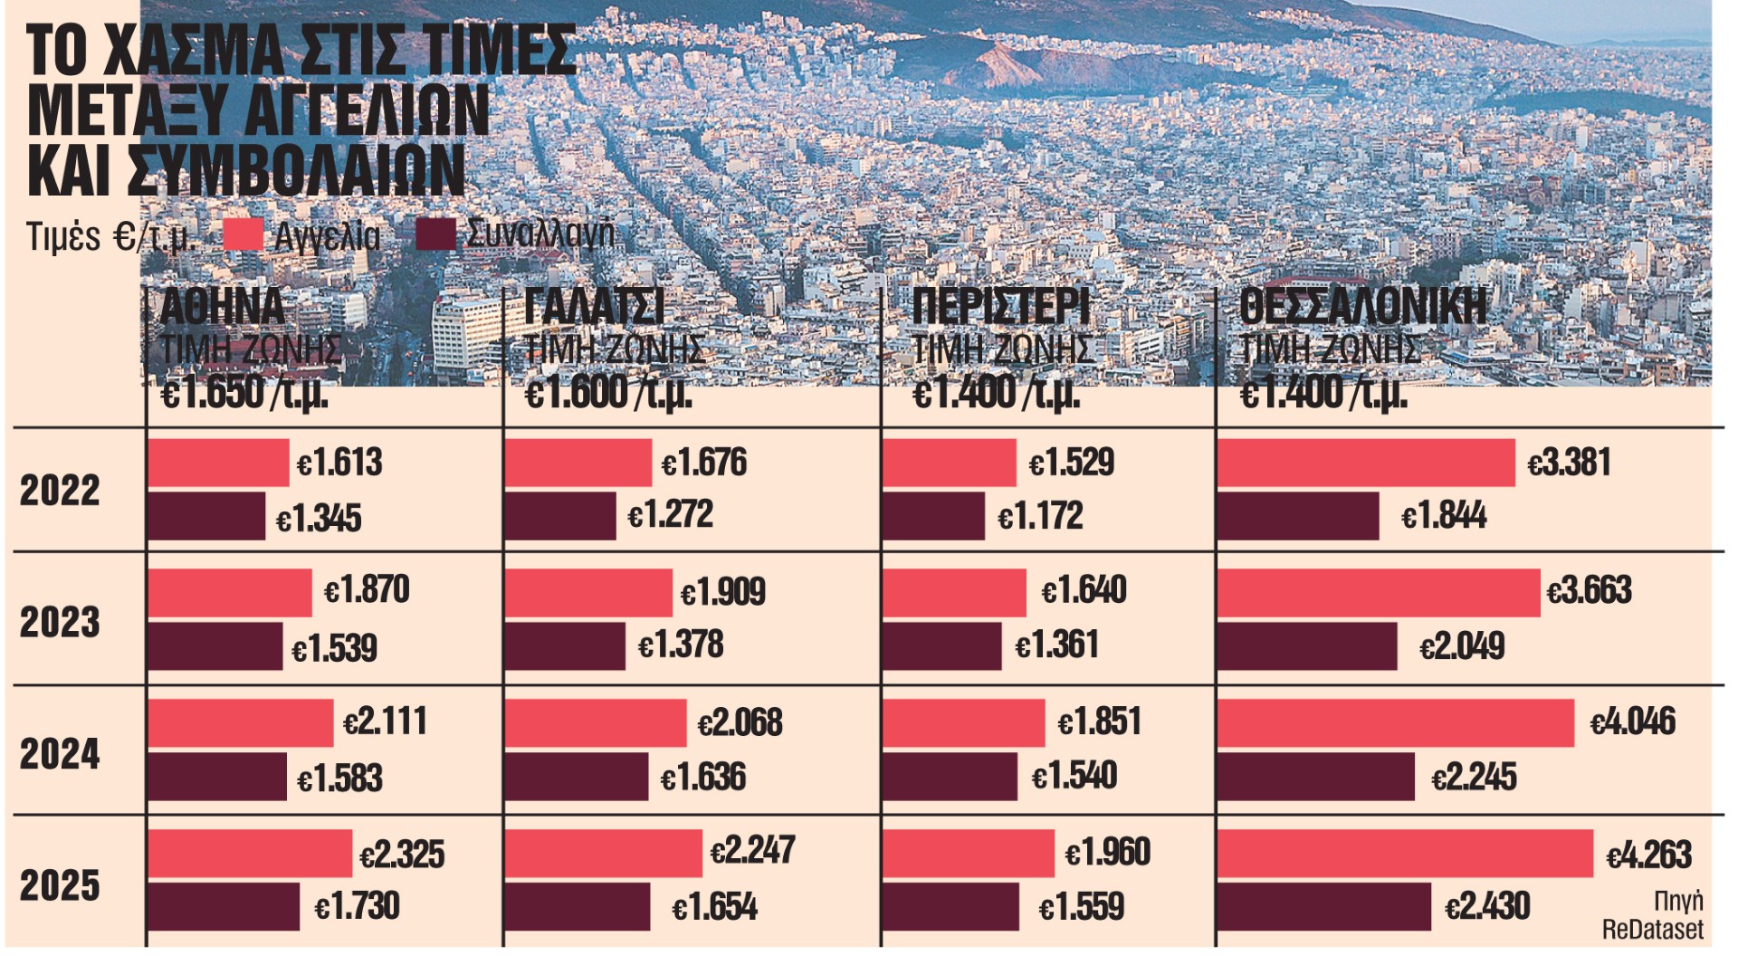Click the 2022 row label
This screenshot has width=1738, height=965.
click(60, 490)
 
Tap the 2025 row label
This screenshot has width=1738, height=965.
click(60, 884)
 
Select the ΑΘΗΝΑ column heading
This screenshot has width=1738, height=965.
click(222, 306)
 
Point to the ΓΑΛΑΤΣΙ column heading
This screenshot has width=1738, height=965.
click(594, 306)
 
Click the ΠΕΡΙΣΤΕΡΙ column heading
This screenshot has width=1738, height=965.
click(1000, 306)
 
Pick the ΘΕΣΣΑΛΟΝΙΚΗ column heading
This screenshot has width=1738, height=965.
click(1362, 306)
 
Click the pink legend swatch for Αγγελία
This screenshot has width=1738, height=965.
click(243, 235)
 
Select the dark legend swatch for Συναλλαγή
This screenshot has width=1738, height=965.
click(436, 235)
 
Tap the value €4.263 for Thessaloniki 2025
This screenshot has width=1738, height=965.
click(1648, 855)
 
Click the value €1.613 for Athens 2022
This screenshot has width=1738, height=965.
click(339, 463)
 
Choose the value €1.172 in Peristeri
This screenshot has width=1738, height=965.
click(1040, 516)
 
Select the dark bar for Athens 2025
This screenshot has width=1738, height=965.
click(224, 906)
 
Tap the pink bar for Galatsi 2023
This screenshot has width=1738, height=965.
click(588, 593)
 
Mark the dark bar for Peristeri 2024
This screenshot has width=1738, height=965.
click(950, 777)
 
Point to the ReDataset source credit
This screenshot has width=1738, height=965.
click(1652, 929)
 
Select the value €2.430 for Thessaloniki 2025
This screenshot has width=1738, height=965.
click(1487, 906)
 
